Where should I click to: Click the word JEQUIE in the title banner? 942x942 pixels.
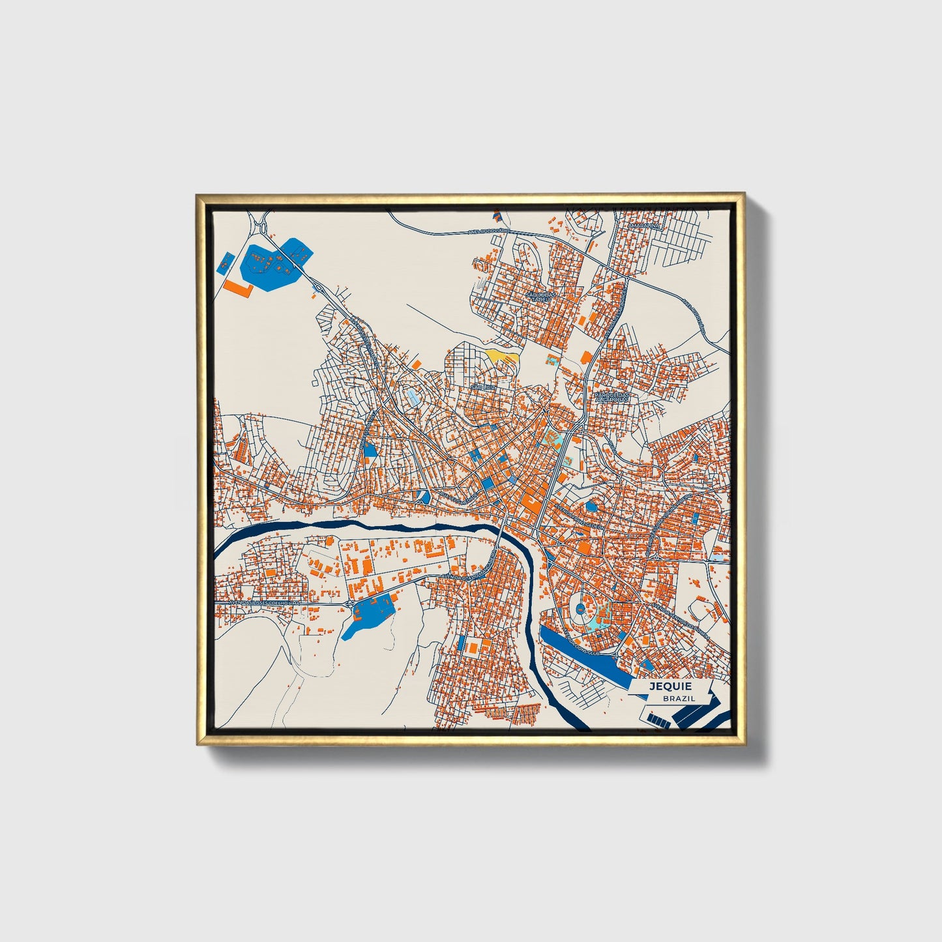670,686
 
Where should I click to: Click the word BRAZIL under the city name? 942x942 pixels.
679,698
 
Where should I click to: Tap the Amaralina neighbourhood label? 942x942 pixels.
644,226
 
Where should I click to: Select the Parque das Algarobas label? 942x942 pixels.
612,397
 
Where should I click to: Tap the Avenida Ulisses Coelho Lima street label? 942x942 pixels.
258,602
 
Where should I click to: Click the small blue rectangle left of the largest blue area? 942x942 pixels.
224,265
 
